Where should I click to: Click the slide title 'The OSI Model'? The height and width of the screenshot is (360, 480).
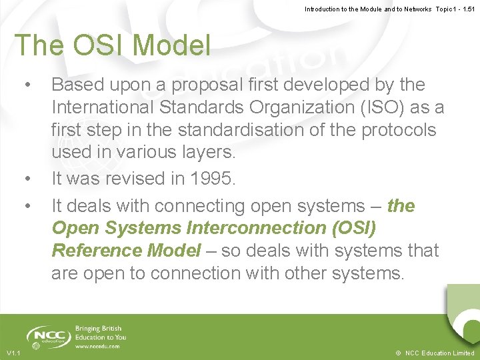click(x=113, y=45)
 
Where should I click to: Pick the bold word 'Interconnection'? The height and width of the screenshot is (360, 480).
click(x=255, y=228)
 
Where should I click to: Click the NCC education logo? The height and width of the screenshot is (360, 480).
click(x=47, y=337)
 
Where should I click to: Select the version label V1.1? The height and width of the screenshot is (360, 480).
click(x=13, y=353)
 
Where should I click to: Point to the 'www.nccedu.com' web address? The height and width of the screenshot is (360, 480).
click(x=98, y=347)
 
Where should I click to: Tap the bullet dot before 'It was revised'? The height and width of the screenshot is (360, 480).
click(x=27, y=179)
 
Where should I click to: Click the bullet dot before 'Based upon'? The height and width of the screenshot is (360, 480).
click(x=27, y=85)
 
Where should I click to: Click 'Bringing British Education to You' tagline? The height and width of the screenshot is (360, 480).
click(x=100, y=333)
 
